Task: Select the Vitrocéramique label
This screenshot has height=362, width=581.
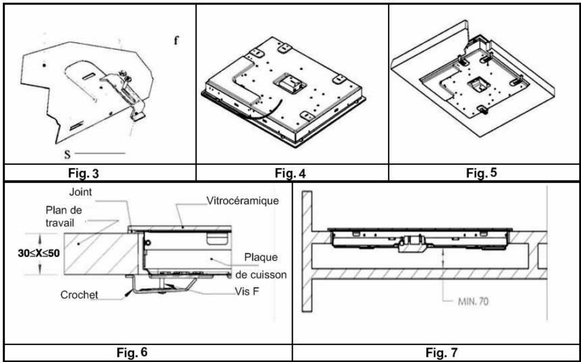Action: point(243,201)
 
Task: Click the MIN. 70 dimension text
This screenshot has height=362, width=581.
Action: point(472,302)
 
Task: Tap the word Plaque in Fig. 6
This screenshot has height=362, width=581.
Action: point(263,257)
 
